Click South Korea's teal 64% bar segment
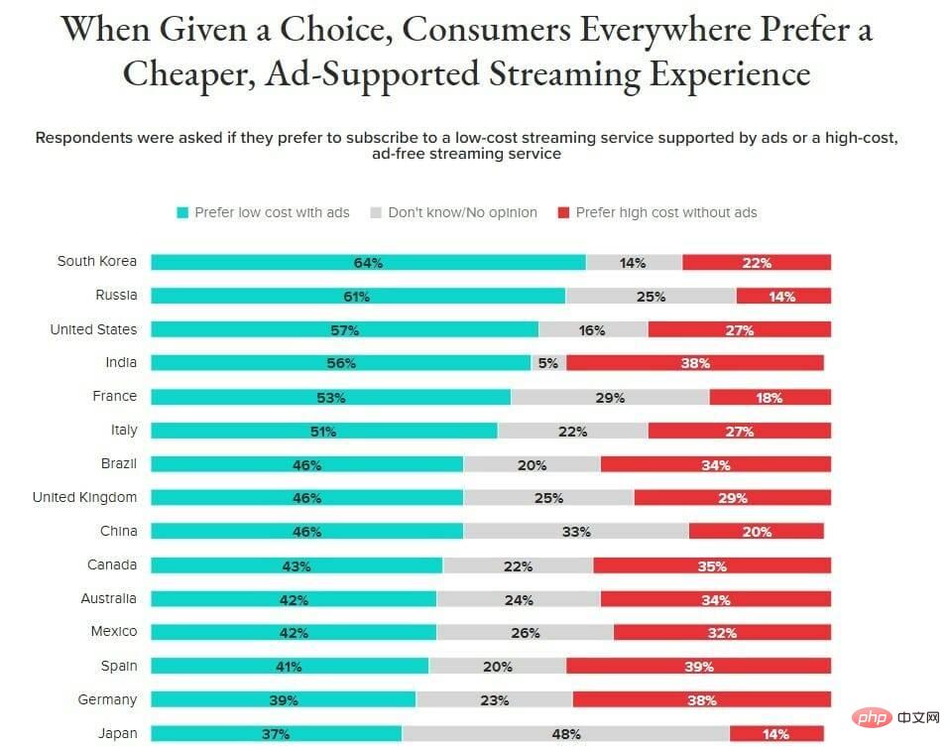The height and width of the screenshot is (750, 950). tap(368, 263)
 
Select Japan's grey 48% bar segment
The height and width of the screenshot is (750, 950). tap(566, 733)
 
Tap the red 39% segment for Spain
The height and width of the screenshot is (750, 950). tap(698, 666)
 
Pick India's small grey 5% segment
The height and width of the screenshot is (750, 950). tap(548, 362)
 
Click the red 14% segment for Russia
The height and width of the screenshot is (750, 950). tap(783, 296)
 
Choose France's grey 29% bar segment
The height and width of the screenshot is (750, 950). tap(610, 397)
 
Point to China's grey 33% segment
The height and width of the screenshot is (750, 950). tap(575, 531)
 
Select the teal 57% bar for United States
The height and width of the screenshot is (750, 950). tap(345, 329)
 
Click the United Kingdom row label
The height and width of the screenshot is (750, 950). tap(85, 497)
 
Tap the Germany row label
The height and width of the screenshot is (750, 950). tap(107, 699)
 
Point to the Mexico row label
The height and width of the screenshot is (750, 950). tap(114, 631)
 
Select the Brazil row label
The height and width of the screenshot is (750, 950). tap(119, 463)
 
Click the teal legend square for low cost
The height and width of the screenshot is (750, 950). tap(182, 213)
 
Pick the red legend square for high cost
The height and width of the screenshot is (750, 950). tap(563, 213)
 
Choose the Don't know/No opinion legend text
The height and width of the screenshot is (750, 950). tap(462, 213)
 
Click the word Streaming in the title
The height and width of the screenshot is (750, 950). tap(564, 74)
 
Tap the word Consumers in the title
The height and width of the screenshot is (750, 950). tap(486, 29)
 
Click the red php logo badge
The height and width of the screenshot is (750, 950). tap(872, 717)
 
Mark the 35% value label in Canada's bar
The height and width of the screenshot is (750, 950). tap(712, 566)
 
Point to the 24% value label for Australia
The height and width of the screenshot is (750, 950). tap(519, 600)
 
